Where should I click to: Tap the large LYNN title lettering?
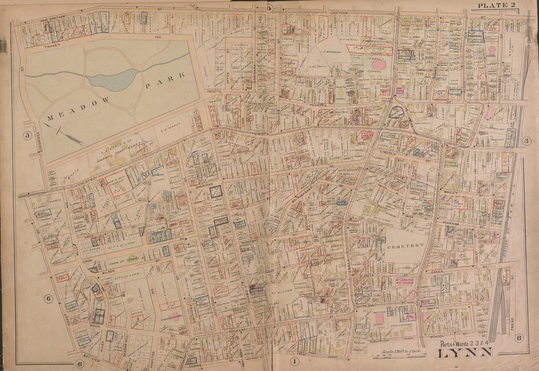point(465,352)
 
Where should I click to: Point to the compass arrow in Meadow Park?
point(63,132)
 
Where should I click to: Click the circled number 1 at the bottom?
point(294,362)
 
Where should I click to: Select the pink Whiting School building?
point(380,318)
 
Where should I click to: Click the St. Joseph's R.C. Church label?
point(405,282)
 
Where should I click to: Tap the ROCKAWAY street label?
point(239,332)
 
